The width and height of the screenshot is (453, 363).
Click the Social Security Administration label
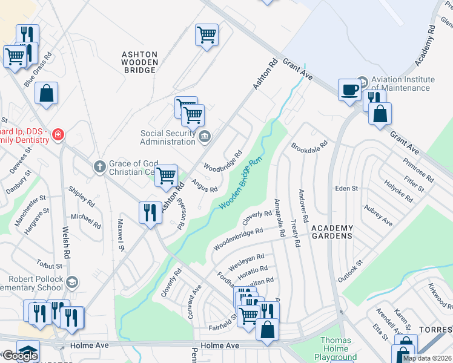tap(168, 137)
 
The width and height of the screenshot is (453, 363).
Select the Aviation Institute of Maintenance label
tap(403, 83)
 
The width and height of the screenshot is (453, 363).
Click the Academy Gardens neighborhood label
tap(332, 232)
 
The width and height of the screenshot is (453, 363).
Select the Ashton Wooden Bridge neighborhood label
tap(140, 62)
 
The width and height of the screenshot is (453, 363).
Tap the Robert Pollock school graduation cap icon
tap(73, 283)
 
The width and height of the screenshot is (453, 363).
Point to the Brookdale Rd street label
tap(309, 146)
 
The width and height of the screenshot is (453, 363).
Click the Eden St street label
tap(347, 189)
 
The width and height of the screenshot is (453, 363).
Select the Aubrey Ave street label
tap(378, 215)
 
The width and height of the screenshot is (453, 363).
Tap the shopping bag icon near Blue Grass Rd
tap(46, 94)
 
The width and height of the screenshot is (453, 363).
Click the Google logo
tap(20, 355)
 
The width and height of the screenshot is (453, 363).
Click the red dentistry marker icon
tap(58, 134)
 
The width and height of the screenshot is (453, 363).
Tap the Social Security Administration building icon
tap(205, 137)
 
